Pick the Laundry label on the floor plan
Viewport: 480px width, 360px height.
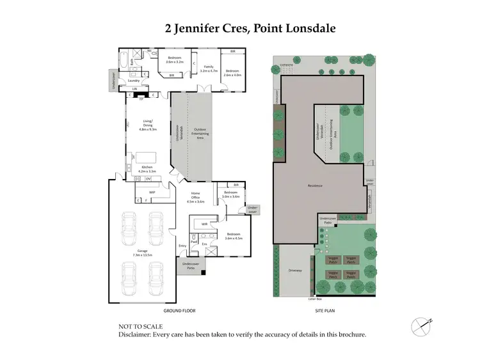pyautogui.click(x=134, y=81)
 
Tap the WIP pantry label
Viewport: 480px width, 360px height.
pyautogui.click(x=152, y=191)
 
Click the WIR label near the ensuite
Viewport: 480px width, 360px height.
pyautogui.click(x=204, y=224)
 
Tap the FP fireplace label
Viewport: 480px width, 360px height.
pyautogui.click(x=141, y=99)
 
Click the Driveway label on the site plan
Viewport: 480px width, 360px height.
pyautogui.click(x=295, y=269)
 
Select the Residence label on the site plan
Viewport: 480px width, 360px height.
pyautogui.click(x=314, y=185)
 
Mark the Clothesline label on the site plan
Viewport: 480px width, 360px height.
pyautogui.click(x=285, y=65)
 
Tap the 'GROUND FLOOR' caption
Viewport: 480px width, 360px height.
pyautogui.click(x=179, y=311)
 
